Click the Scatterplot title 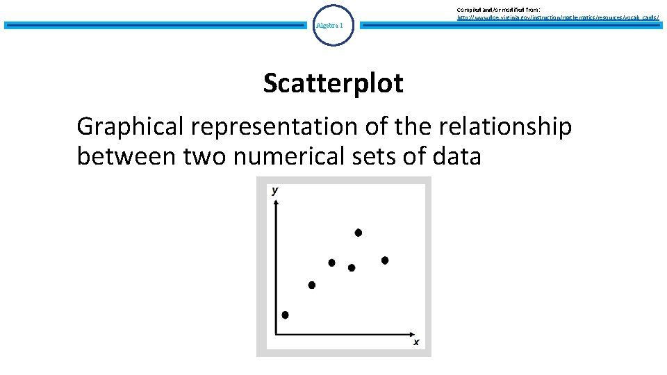(333, 83)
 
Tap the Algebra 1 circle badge (333, 26)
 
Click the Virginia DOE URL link (557, 16)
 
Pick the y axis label (275, 190)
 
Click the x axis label (416, 342)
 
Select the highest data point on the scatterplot (359, 233)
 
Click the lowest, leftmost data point (285, 315)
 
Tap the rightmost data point (385, 260)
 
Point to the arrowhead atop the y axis (277, 202)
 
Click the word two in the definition (206, 157)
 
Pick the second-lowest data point (311, 285)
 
